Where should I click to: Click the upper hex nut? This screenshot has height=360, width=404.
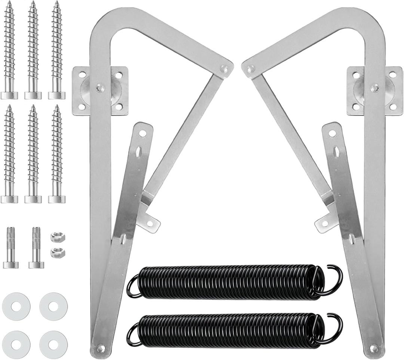[58, 237]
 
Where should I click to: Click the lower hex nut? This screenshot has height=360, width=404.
[58, 252]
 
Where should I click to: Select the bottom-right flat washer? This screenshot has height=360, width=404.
[53, 344]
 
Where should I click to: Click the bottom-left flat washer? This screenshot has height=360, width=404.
[16, 344]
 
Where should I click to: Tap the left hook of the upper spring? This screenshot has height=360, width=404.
[133, 286]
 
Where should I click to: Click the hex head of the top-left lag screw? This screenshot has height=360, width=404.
[9, 95]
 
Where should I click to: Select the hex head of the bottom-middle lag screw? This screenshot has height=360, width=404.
[33, 199]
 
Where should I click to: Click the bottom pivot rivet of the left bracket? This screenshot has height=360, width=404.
[100, 349]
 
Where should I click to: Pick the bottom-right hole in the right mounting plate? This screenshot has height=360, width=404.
[393, 107]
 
